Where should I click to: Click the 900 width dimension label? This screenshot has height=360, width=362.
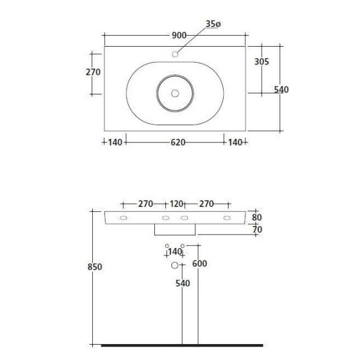tap(179, 35)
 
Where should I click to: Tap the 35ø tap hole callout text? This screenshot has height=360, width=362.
tap(213, 24)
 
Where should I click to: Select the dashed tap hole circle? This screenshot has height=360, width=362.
tap(175, 54)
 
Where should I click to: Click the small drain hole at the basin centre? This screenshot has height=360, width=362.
tap(175, 93)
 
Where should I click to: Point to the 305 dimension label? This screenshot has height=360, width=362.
tap(262, 61)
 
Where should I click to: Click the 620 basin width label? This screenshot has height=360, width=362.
tap(178, 143)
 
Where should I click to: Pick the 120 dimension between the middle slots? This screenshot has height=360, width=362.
tap(176, 204)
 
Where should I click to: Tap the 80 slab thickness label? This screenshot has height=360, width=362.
tap(257, 217)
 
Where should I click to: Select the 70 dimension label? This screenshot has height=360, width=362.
tap(257, 230)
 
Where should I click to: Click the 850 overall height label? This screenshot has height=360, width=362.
tap(95, 267)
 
